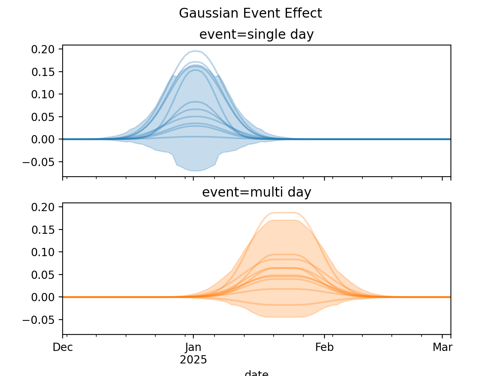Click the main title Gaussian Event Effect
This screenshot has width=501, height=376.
coord(250,13)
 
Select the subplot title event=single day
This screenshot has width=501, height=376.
coord(256,34)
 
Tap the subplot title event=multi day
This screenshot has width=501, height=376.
coord(256,192)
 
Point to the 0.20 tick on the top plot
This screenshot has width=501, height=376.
coord(45,49)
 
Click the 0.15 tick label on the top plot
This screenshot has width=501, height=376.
coord(45,72)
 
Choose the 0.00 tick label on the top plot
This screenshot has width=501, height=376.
coord(45,139)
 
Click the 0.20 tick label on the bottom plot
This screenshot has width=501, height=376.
coord(45,207)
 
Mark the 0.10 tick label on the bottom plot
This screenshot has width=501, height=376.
coord(45,252)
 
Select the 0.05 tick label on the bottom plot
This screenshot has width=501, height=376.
coord(45,275)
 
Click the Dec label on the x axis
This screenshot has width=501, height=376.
coord(63,347)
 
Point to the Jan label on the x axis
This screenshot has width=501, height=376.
coord(193,347)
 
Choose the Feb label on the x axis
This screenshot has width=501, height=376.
coord(324,347)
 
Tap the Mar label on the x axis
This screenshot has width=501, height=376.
coord(443,347)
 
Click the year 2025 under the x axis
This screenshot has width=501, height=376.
coord(193,360)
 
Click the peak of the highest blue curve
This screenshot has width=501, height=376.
coord(195,51)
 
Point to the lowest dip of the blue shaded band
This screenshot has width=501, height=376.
coord(195,171)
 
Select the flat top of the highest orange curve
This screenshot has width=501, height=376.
coord(284,213)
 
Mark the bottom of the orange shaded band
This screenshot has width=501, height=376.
coord(284,317)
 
